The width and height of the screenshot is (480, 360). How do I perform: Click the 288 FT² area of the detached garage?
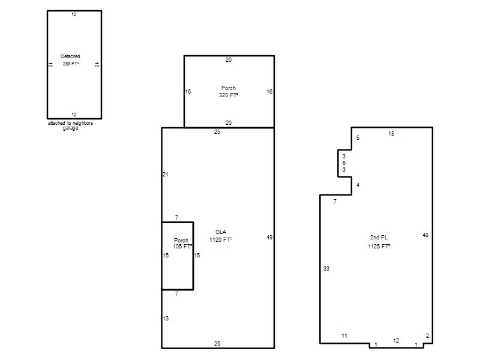[71, 64]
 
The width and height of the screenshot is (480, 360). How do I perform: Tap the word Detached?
[70, 56]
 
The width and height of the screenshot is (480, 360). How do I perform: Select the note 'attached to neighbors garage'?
[70, 125]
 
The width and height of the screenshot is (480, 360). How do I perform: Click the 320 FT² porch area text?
[229, 95]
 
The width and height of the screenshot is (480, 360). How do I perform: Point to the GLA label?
[221, 232]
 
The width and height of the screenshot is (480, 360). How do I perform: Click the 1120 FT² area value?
[221, 239]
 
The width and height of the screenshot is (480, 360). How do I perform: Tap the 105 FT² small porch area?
[182, 247]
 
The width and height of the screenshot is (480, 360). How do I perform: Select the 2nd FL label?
[379, 237]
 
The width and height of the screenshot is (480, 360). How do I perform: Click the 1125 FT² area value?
[379, 247]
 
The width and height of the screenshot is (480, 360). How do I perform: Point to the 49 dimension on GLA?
[269, 237]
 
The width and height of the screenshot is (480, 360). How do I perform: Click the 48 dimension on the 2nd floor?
[425, 235]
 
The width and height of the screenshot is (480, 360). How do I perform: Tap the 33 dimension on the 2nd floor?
[326, 268]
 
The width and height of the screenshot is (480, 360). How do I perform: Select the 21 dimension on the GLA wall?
[166, 175]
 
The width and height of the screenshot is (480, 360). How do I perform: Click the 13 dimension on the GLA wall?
[166, 319]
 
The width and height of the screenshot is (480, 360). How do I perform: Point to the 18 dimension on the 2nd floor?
[391, 133]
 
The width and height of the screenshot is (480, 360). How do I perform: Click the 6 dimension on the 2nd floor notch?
[344, 163]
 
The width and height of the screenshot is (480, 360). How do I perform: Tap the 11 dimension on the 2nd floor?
[344, 336]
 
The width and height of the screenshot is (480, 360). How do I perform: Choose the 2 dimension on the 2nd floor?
[428, 336]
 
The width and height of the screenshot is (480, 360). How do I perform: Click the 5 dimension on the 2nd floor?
[358, 138]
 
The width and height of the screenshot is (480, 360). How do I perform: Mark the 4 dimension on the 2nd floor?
[358, 185]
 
